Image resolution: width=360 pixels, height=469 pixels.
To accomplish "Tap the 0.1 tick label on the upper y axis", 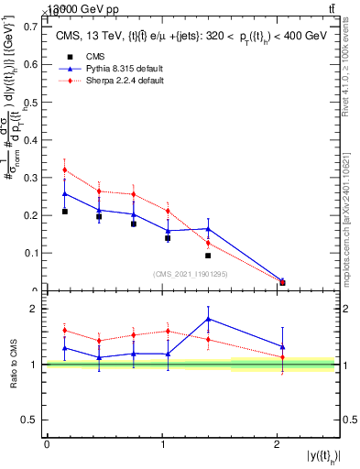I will (x=31, y=253).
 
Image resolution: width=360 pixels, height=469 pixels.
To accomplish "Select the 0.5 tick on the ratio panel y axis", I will (x=31, y=420).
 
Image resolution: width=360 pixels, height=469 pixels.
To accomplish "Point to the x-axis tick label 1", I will (x=162, y=444).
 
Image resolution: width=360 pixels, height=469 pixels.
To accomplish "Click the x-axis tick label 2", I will (x=278, y=444).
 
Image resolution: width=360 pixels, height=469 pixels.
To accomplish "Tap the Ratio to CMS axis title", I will (x=13, y=365).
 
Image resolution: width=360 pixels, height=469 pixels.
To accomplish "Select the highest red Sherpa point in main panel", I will (x=64, y=169).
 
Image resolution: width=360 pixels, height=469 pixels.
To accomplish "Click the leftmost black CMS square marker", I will (x=64, y=212).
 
